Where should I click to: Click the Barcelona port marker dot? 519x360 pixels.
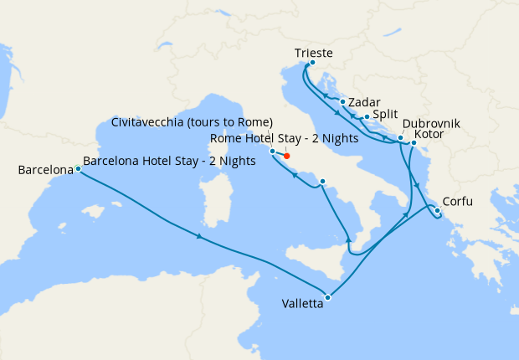(78, 168)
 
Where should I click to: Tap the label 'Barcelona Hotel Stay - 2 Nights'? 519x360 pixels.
(169, 162)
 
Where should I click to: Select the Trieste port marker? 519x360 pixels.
(312, 62)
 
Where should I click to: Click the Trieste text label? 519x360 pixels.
(314, 53)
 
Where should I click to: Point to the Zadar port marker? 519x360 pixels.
(343, 101)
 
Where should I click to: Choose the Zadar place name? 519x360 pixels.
(364, 102)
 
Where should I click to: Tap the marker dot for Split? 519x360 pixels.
(367, 116)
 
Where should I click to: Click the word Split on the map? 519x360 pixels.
(385, 114)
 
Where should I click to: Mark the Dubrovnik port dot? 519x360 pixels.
(401, 137)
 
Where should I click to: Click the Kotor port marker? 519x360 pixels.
(414, 143)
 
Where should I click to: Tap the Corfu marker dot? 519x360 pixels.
(438, 210)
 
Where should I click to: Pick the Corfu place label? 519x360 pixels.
(464, 202)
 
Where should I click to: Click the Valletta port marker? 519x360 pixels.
(328, 297)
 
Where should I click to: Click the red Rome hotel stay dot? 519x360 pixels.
(287, 156)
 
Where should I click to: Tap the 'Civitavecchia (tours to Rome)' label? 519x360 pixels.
(192, 122)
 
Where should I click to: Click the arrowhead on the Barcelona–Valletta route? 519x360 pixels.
(199, 236)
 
